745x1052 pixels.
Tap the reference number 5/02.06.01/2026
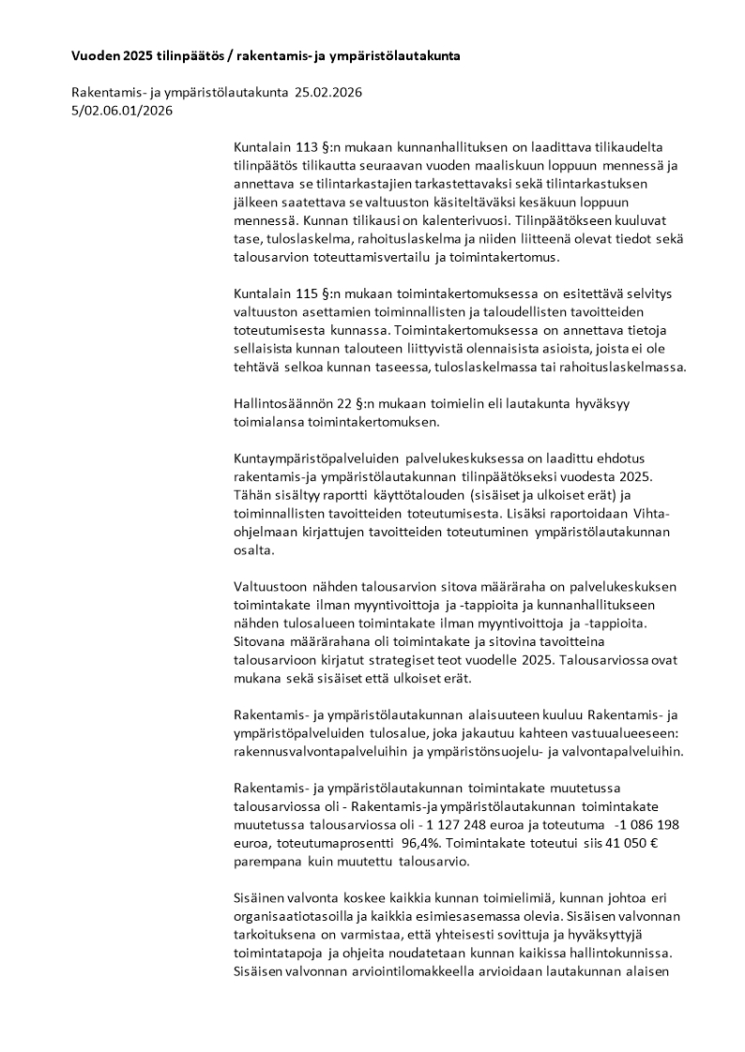pos(122,110)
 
